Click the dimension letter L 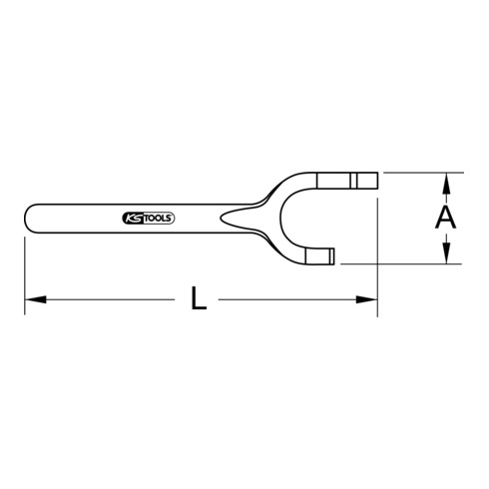pyautogui.click(x=200, y=299)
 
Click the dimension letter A pyautogui.click(x=448, y=218)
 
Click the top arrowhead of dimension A pyautogui.click(x=448, y=180)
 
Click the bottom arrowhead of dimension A pyautogui.click(x=448, y=256)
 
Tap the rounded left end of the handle pyautogui.click(x=27, y=217)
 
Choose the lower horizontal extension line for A pyautogui.click(x=399, y=263)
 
